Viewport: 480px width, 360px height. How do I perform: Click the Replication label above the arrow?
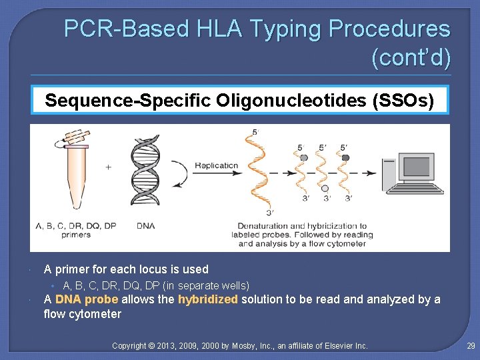(216, 165)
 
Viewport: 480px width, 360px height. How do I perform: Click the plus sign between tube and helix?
(109, 167)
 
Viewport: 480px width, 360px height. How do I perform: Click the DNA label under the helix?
(145, 226)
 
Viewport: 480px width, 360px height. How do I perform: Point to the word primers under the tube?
(75, 235)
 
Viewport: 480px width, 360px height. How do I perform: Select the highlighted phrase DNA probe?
(87, 299)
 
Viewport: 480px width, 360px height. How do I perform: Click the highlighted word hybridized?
(207, 299)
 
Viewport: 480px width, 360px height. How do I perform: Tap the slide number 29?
(470, 346)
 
